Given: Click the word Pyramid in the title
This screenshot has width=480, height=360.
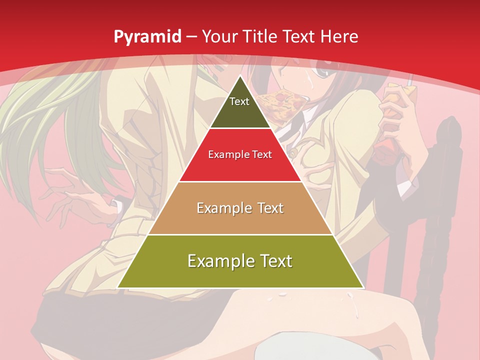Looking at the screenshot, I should [x=147, y=37].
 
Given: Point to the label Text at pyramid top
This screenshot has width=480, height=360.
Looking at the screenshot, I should [x=239, y=101].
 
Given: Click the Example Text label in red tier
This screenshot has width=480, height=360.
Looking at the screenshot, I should [x=240, y=154].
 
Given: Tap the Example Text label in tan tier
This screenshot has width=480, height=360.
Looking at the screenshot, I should [x=240, y=208].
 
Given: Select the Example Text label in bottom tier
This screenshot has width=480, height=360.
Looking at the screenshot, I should [x=240, y=261].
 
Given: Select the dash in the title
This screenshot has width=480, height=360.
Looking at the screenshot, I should [x=191, y=36].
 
